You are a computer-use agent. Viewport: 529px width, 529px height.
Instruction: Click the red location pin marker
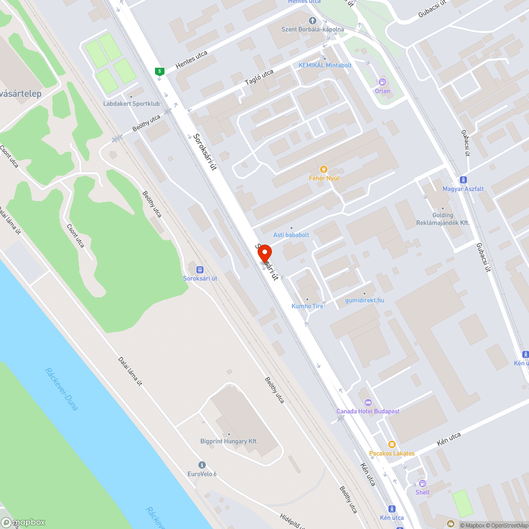(x=264, y=254)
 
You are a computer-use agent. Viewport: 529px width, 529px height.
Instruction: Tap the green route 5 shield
(x=159, y=71)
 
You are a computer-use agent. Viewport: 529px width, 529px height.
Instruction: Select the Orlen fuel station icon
(x=382, y=82)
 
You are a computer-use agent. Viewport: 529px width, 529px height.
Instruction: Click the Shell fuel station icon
(x=422, y=484)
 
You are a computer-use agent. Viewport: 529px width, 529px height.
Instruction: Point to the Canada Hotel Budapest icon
(x=368, y=403)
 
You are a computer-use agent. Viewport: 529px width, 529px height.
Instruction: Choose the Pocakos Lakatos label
(x=392, y=453)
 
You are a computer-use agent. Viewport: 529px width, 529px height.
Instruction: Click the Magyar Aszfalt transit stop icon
(x=463, y=180)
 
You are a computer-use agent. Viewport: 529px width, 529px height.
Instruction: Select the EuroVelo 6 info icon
(x=202, y=465)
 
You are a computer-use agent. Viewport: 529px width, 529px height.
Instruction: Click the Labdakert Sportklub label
(x=131, y=104)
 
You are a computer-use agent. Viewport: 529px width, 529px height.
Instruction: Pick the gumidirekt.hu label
(x=364, y=300)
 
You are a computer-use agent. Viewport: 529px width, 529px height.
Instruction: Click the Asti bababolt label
(x=291, y=234)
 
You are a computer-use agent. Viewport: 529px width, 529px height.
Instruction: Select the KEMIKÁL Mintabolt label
(x=325, y=65)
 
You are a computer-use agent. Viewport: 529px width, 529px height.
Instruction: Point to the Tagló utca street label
(x=259, y=77)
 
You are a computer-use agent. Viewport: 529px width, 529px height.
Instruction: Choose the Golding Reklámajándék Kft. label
(x=443, y=219)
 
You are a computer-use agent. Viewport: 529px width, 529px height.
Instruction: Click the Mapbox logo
(x=23, y=522)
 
